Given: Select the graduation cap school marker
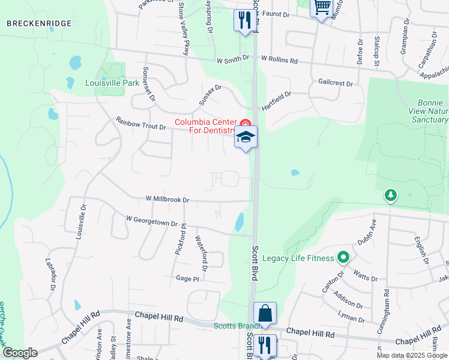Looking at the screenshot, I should [246, 138].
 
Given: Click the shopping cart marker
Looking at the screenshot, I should [322, 7].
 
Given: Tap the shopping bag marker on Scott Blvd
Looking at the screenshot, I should [265, 313].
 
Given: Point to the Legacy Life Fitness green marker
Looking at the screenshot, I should [343, 258].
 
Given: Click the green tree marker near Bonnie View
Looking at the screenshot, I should [391, 195].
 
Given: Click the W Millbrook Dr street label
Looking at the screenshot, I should [167, 199].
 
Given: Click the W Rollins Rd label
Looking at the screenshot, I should [279, 60].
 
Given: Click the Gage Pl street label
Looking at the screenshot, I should [187, 278].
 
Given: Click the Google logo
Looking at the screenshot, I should [19, 352].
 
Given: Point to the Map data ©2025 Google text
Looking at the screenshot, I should [412, 355].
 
